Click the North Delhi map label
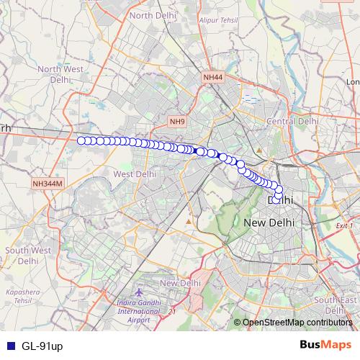(151, 15)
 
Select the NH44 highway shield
(212, 76)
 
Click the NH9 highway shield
(177, 122)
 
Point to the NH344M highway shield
(48, 184)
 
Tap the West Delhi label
(135, 174)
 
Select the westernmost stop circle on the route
(81, 140)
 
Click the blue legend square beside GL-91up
(10, 346)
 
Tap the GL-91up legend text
(42, 346)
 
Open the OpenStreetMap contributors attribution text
(297, 323)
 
